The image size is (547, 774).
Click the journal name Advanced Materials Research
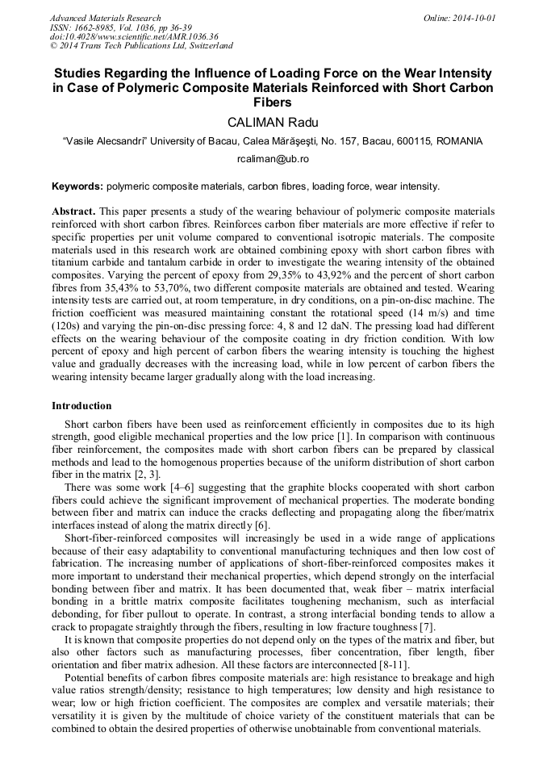pyautogui.click(x=105, y=18)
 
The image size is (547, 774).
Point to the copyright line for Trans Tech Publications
pyautogui.click(x=141, y=46)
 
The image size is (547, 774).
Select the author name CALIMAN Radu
pyautogui.click(x=273, y=122)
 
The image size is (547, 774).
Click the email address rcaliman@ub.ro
pyautogui.click(x=273, y=160)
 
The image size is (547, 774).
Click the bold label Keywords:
pyautogui.click(x=77, y=186)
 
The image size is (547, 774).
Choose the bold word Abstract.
pyautogui.click(x=73, y=210)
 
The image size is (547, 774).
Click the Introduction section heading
pyautogui.click(x=81, y=405)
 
